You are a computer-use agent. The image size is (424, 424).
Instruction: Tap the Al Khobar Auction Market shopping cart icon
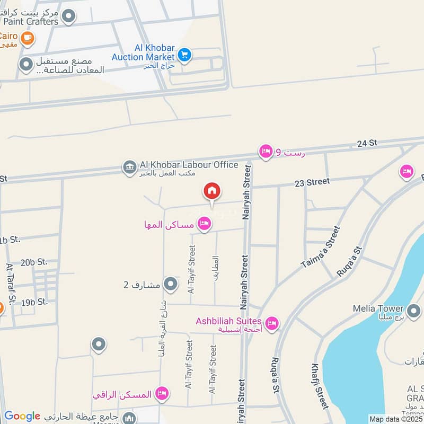pos(184,55)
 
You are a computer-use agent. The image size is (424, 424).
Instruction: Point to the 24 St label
pos(366,143)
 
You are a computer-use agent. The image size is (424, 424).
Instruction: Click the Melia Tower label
pos(378,308)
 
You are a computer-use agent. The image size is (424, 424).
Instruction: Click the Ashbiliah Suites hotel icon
pos(271,323)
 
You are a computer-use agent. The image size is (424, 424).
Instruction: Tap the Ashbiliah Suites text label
pos(228,321)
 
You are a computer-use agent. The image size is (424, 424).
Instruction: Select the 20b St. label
pos(34,262)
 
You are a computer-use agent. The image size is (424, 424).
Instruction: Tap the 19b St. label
pos(34,302)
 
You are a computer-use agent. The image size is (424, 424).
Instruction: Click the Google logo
pos(22,416)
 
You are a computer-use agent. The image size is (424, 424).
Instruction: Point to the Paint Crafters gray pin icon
pos(68,17)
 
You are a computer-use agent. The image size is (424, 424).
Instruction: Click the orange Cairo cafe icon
pos(28,38)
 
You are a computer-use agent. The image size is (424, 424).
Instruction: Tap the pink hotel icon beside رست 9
pos(266,152)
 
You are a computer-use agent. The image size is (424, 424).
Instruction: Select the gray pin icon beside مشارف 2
pos(171,285)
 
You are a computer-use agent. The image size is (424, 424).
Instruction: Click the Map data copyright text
pos(395,419)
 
